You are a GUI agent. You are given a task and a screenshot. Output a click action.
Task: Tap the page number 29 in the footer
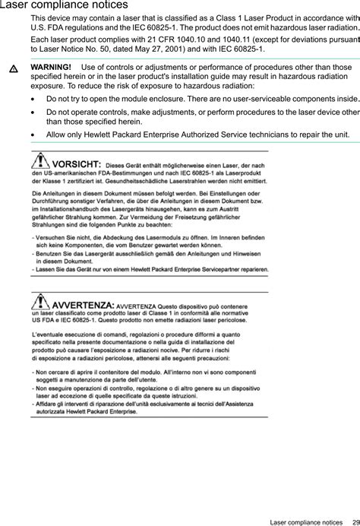pyautogui.click(x=355, y=521)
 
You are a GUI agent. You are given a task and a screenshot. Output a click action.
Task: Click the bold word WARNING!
pyautogui.click(x=50, y=68)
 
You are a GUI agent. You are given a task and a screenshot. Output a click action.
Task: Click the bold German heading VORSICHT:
pyautogui.click(x=77, y=163)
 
